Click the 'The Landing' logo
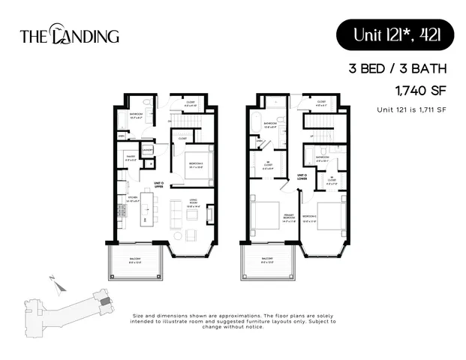(x=68, y=34)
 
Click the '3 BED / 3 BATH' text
(x=398, y=69)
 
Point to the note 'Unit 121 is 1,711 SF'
(x=411, y=110)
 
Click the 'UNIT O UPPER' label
(x=158, y=184)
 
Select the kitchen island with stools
(x=148, y=211)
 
